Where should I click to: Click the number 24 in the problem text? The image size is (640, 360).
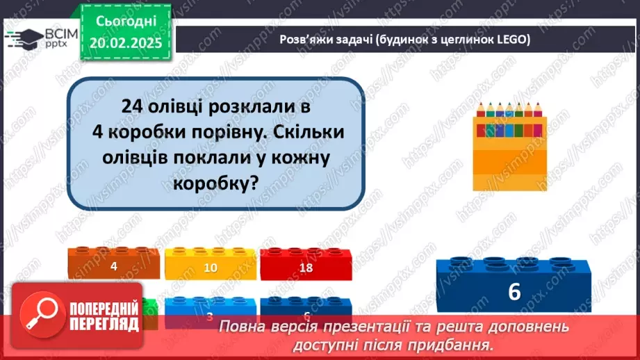(x=131, y=108)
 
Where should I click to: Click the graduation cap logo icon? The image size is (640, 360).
(x=26, y=38)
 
